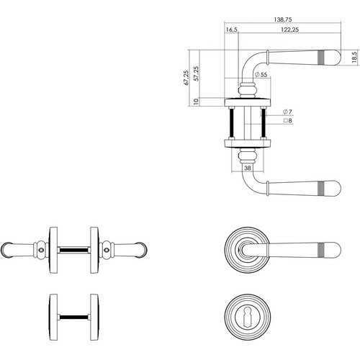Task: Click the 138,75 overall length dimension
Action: click(x=283, y=19)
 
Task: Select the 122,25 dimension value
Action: click(x=289, y=30)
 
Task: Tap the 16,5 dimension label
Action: click(x=232, y=30)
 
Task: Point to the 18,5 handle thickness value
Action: click(x=355, y=57)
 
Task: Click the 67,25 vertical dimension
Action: click(x=186, y=78)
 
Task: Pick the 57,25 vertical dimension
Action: click(x=197, y=73)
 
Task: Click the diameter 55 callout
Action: click(x=261, y=74)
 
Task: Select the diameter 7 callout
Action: click(x=287, y=112)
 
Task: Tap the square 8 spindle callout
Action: click(x=288, y=120)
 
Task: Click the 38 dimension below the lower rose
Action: click(x=248, y=168)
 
